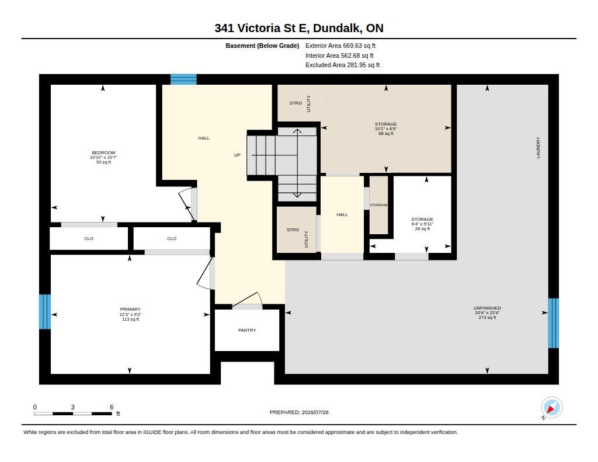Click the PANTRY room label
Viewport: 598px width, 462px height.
pyautogui.click(x=247, y=330)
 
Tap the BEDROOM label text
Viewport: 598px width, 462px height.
pyautogui.click(x=103, y=152)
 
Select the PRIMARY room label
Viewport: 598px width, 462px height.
pyautogui.click(x=130, y=309)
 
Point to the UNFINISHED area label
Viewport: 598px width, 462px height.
pyautogui.click(x=487, y=308)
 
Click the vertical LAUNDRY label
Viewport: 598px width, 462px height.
pyautogui.click(x=538, y=148)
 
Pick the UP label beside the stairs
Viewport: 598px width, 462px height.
pyautogui.click(x=237, y=155)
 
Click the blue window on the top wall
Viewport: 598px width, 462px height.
pyautogui.click(x=183, y=79)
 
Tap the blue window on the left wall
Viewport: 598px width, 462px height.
pyautogui.click(x=45, y=312)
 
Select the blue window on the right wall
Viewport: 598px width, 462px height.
pyautogui.click(x=554, y=323)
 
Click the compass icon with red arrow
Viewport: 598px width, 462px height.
pyautogui.click(x=551, y=408)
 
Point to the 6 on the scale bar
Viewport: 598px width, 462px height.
pyautogui.click(x=112, y=407)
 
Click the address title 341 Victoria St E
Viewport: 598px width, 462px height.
pyautogui.click(x=262, y=28)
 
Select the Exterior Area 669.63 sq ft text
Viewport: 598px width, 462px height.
pyautogui.click(x=340, y=46)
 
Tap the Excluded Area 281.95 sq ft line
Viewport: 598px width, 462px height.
pyautogui.click(x=342, y=65)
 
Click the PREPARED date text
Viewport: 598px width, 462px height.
pyautogui.click(x=299, y=412)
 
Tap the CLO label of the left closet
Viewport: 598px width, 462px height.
pyautogui.click(x=89, y=238)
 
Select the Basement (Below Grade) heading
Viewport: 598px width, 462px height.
pyautogui.click(x=262, y=46)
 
